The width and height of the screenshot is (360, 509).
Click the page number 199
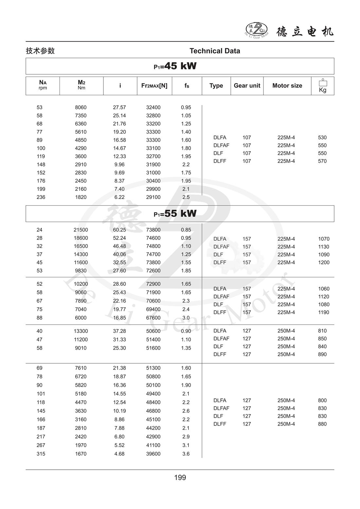point(180,478)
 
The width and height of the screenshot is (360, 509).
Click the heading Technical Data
point(215,51)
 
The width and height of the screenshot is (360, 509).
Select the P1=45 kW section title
point(175,66)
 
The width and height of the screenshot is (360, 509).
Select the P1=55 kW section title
point(175,213)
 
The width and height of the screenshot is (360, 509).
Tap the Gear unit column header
point(247,85)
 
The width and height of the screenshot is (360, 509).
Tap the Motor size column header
point(287,85)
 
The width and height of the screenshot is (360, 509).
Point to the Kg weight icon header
point(323,86)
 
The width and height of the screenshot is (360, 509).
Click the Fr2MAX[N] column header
point(154,85)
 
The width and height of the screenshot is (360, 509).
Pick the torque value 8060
point(81,107)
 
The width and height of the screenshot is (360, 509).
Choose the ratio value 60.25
point(119,230)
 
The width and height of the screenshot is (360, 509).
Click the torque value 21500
point(81,230)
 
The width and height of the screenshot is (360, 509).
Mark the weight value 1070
point(324,239)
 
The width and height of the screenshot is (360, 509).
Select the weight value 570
point(322,161)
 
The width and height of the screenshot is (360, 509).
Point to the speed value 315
point(41,454)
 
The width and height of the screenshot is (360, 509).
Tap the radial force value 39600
point(153,454)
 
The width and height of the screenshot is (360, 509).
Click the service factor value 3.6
point(186,454)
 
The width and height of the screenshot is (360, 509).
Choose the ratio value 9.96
point(119,165)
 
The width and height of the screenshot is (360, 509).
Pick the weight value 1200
point(324,263)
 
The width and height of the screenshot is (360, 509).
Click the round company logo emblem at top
point(257,30)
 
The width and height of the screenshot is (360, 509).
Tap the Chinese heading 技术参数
point(40,51)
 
